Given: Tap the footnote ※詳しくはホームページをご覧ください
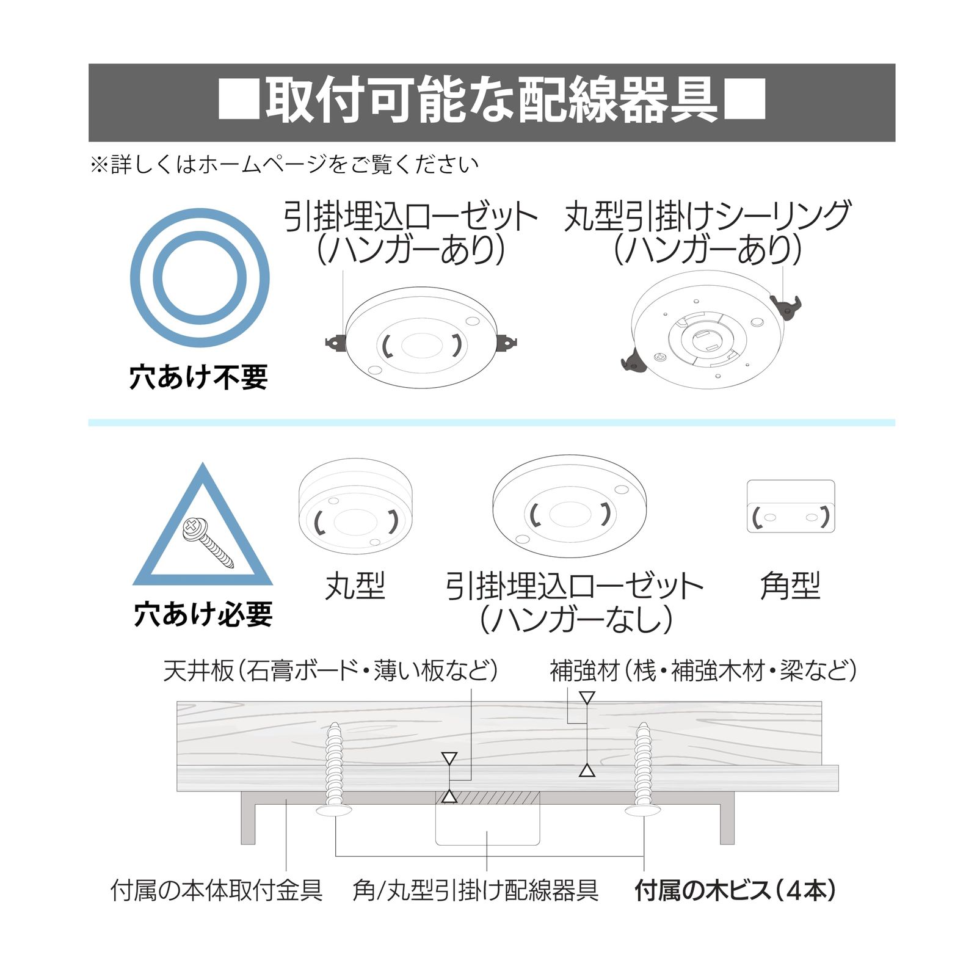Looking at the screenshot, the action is point(284,164).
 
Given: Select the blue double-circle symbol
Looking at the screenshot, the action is point(200,278).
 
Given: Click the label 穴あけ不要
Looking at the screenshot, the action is point(199,377).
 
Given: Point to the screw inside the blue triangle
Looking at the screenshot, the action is point(208,543).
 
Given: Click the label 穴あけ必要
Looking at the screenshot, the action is point(203,614).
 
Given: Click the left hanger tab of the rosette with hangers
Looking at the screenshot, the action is point(336,343).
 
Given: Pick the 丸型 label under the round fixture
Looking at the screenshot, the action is point(355,586).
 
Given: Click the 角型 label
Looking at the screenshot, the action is point(790,586).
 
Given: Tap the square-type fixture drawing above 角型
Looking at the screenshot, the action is point(791,506).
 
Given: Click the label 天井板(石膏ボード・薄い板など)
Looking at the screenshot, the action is point(330,670).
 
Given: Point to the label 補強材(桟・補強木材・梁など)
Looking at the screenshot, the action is point(703,670).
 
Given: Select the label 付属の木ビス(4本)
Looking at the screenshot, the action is point(735,891).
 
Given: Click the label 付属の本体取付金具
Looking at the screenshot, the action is point(217,891).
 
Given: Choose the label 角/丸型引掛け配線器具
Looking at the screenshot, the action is point(476,891).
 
